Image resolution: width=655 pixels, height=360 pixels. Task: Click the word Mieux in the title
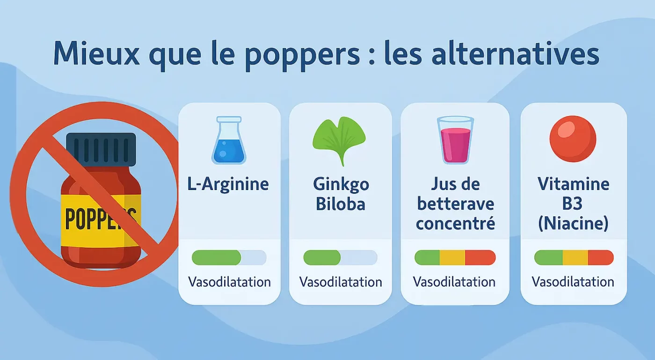(x=96, y=54)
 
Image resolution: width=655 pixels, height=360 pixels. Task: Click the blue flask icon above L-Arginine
(x=229, y=140)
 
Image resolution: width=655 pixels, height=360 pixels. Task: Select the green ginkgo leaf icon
(x=339, y=139)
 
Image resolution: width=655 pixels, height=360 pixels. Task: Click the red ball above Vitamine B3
(x=573, y=139)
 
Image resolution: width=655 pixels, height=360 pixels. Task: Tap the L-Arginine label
(x=228, y=184)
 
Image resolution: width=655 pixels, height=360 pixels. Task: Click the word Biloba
(x=340, y=205)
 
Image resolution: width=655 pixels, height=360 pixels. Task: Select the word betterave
(x=455, y=205)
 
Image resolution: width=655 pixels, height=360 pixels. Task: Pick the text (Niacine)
(x=573, y=224)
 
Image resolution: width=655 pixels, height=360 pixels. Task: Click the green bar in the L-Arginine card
(x=216, y=257)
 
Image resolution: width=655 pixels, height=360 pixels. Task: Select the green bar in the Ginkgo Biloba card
(x=322, y=257)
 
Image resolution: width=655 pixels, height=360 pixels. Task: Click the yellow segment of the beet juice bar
(x=452, y=257)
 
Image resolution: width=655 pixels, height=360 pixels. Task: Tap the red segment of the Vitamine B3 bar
(x=601, y=257)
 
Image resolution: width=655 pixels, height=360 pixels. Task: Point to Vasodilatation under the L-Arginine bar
(x=229, y=282)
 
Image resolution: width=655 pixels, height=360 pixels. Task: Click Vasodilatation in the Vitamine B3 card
(x=573, y=282)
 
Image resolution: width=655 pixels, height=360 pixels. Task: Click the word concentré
(x=455, y=224)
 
